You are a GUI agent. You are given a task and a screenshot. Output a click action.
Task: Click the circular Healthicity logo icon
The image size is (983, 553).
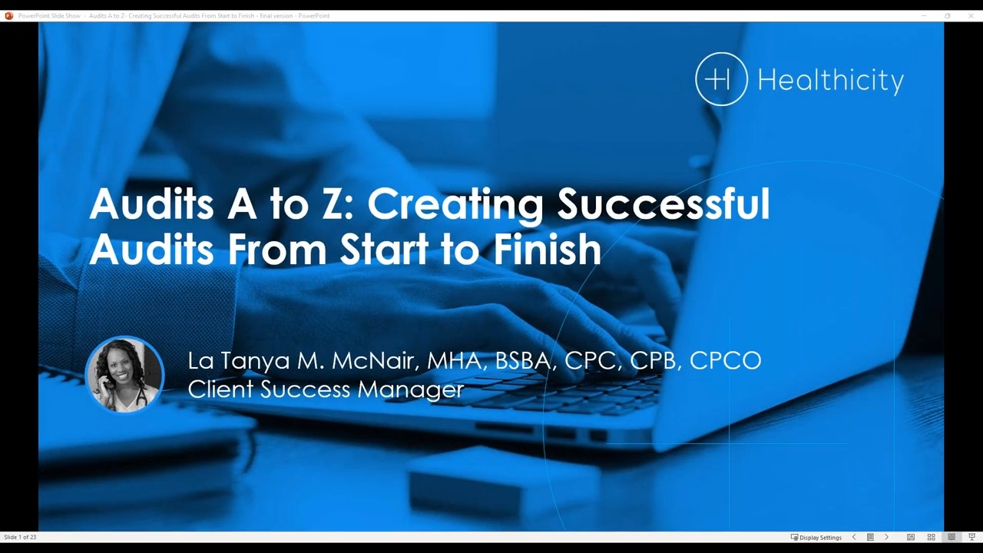click(x=721, y=79)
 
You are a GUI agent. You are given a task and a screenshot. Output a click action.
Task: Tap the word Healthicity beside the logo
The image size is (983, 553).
click(x=830, y=81)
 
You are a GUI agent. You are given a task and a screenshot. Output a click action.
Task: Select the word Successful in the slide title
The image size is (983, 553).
click(x=664, y=204)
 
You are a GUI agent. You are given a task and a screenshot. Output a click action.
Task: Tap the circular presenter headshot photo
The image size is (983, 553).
click(x=124, y=375)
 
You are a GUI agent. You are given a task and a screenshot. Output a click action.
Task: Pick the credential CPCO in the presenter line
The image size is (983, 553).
click(x=725, y=360)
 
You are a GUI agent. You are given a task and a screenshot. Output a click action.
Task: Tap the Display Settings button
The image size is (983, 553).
click(x=816, y=538)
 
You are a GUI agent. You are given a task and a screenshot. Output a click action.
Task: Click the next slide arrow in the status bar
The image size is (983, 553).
click(x=886, y=538)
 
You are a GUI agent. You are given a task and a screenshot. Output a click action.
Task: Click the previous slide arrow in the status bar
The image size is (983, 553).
click(x=854, y=538)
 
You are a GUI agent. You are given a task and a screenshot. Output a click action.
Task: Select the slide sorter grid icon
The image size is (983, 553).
click(x=931, y=538)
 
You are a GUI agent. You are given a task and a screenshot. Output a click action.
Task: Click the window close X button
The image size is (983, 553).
click(x=971, y=15)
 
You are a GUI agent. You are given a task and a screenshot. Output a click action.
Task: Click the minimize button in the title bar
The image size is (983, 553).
click(x=924, y=15)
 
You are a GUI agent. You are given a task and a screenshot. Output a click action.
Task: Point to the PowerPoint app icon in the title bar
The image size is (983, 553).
click(x=9, y=15)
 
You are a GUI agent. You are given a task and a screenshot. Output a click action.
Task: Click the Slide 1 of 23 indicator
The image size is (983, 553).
click(x=21, y=538)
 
